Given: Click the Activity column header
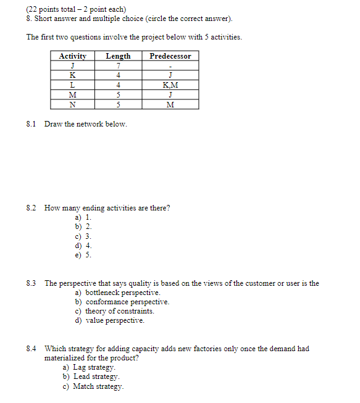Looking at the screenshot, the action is pyautogui.click(x=73, y=56).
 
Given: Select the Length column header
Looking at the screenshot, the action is pyautogui.click(x=118, y=56).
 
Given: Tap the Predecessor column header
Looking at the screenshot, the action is pyautogui.click(x=170, y=56).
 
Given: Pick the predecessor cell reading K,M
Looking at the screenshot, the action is pyautogui.click(x=170, y=85).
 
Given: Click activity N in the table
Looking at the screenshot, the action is pyautogui.click(x=73, y=104).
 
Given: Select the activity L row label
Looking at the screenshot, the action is pyautogui.click(x=73, y=85).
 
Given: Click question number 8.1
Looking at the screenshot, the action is pyautogui.click(x=31, y=124).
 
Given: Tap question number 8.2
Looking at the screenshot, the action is pyautogui.click(x=31, y=208).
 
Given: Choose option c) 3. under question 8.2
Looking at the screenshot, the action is pyautogui.click(x=83, y=236).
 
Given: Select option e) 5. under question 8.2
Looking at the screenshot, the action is pyautogui.click(x=83, y=254).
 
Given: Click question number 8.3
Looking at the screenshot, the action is pyautogui.click(x=31, y=283).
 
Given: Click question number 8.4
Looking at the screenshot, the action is pyautogui.click(x=31, y=349).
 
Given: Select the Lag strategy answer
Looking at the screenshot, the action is pyautogui.click(x=94, y=367).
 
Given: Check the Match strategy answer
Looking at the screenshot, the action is pyautogui.click(x=98, y=386).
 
